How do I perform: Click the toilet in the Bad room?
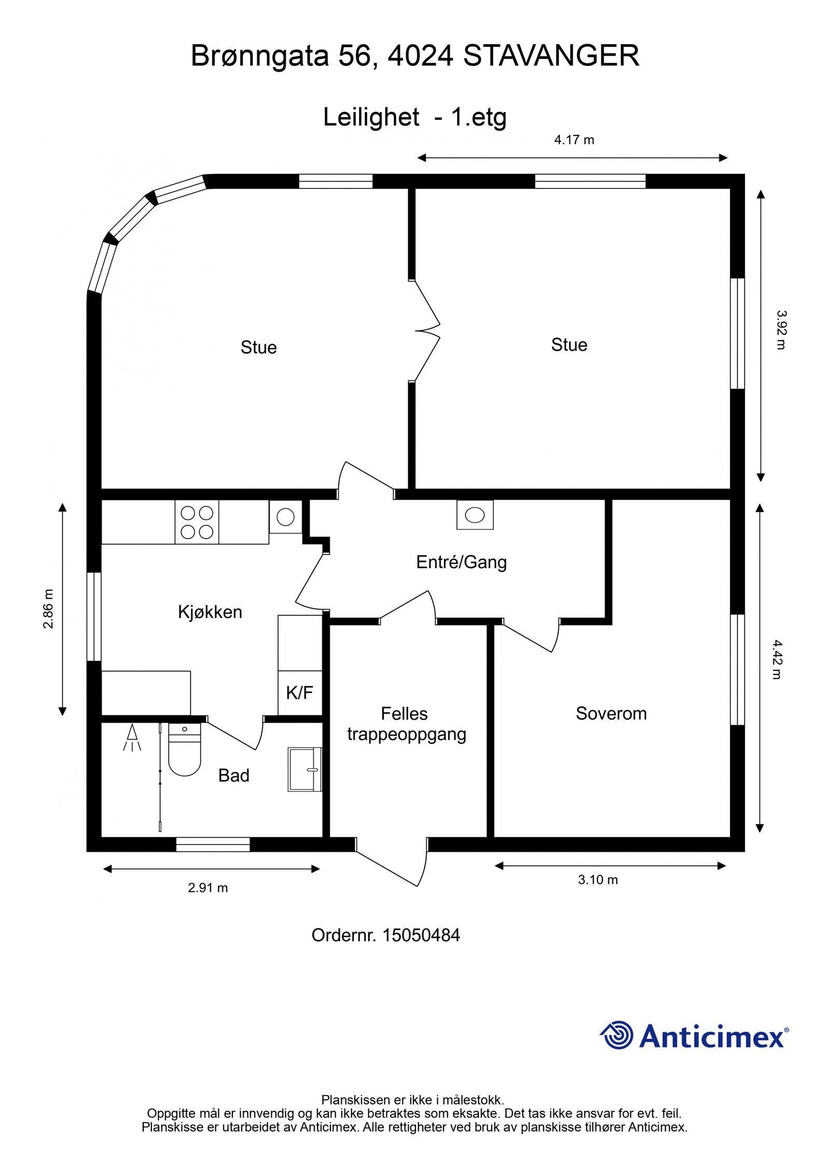184,751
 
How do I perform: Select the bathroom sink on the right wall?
305,769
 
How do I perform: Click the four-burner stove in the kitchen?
197,522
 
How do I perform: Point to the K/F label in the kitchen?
299,693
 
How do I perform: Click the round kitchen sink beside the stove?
285,517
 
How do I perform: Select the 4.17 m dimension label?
574,140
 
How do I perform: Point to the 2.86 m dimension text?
48,609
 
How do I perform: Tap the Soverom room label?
611,714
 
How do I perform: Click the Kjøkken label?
210,612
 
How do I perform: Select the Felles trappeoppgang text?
406,724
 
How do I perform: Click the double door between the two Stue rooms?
426,331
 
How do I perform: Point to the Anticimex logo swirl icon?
617,1035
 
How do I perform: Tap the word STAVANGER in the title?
551,56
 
